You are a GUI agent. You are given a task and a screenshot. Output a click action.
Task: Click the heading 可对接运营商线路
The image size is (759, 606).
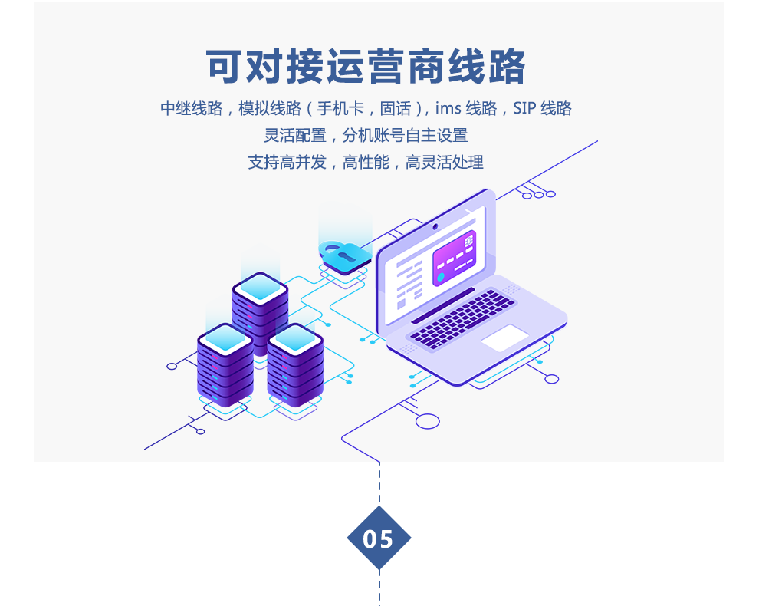[x=366, y=67]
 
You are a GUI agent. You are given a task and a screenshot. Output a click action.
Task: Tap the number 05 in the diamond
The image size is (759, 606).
[x=378, y=539]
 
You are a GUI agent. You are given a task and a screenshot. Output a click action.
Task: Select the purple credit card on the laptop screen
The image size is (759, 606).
[x=454, y=257]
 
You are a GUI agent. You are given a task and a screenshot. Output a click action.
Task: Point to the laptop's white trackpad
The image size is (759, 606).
[x=504, y=338]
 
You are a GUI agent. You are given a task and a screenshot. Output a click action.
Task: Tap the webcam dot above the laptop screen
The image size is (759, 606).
[x=435, y=226]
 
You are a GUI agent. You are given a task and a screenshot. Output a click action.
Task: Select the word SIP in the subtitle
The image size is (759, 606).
[x=524, y=108]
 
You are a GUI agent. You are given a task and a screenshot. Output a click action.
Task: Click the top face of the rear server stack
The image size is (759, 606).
[x=260, y=287]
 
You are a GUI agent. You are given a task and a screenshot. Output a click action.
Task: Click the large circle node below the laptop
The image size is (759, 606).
[x=428, y=420]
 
